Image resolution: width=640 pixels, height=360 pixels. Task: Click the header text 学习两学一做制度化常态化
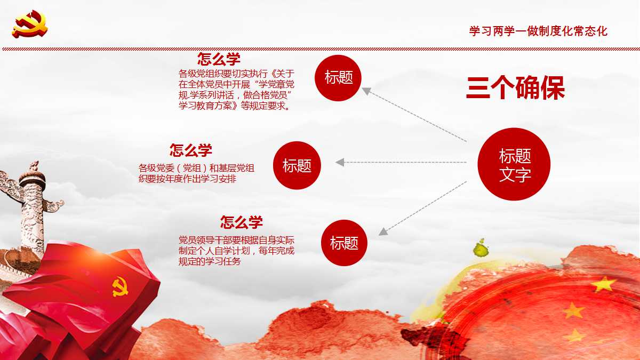point(538,31)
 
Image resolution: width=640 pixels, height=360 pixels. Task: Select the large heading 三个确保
point(515,89)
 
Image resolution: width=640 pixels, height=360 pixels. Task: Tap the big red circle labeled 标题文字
point(514,164)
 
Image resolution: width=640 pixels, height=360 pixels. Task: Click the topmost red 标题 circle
point(338,77)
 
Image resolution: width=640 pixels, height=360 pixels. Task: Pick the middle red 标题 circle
point(297,165)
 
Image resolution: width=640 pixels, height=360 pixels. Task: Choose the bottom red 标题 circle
point(344,243)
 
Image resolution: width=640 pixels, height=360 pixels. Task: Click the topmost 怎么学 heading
point(219,59)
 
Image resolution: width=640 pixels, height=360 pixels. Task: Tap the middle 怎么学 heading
point(191,150)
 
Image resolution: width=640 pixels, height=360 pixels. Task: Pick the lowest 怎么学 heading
point(242,222)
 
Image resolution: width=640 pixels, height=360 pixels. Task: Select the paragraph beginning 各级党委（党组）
point(196,173)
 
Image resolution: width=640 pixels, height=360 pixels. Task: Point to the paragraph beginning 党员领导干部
point(236,250)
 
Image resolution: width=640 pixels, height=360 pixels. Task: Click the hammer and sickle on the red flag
point(120,286)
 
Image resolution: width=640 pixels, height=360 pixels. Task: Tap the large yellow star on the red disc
point(603,284)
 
